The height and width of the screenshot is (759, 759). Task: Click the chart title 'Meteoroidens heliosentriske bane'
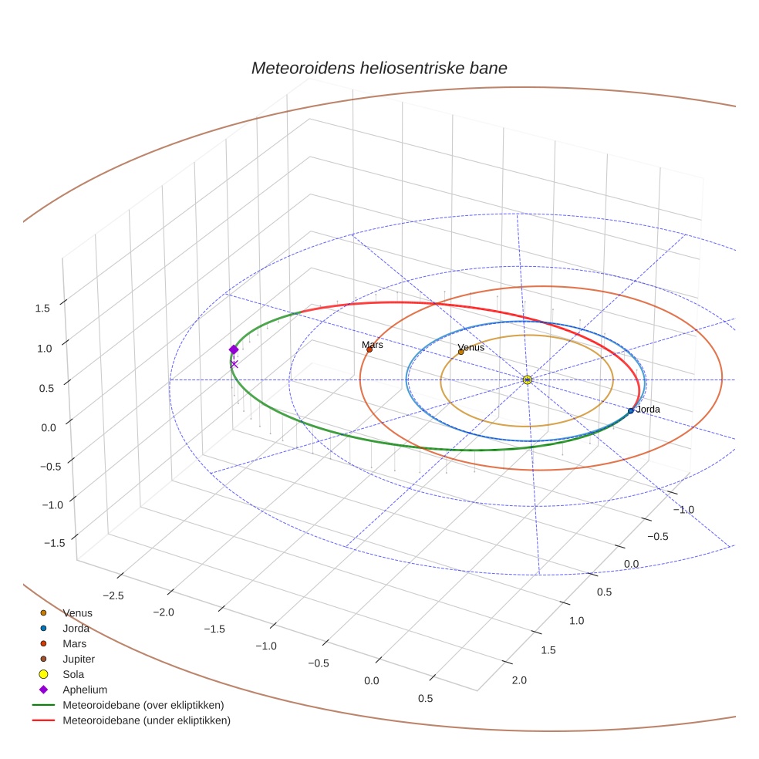[379, 68]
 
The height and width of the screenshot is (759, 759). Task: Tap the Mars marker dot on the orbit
[369, 350]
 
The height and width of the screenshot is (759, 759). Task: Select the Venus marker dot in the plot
[461, 352]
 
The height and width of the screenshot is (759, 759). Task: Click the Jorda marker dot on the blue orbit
[630, 410]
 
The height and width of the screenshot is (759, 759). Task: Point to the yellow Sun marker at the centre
[527, 379]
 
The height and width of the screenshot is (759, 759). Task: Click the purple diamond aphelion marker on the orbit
[234, 349]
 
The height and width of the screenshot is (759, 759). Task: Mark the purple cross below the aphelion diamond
[234, 364]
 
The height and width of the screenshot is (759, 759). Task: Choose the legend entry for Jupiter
[78, 659]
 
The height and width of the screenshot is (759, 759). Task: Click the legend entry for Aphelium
[84, 690]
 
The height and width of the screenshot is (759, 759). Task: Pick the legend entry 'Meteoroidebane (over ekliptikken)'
[143, 706]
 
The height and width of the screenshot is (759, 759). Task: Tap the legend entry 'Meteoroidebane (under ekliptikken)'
[146, 721]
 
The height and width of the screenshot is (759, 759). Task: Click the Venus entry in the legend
[77, 613]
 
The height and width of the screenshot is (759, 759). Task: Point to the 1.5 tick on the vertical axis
[42, 308]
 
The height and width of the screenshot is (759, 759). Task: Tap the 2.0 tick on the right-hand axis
[518, 680]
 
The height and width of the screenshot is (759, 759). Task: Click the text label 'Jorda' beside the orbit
[648, 409]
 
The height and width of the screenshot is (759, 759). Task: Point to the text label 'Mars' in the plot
[373, 345]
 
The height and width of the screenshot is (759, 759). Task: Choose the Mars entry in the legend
[74, 644]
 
